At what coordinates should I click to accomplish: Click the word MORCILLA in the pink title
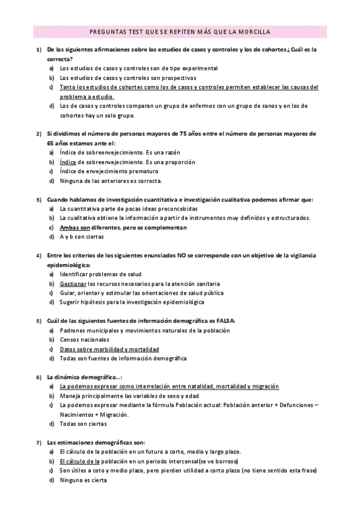tap(255, 31)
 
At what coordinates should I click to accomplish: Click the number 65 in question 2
tap(51, 143)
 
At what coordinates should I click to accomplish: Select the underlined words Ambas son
tap(75, 228)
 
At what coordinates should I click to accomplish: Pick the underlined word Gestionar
tap(73, 283)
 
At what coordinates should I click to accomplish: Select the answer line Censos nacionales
tap(85, 340)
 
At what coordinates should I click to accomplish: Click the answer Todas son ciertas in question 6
tap(85, 424)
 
